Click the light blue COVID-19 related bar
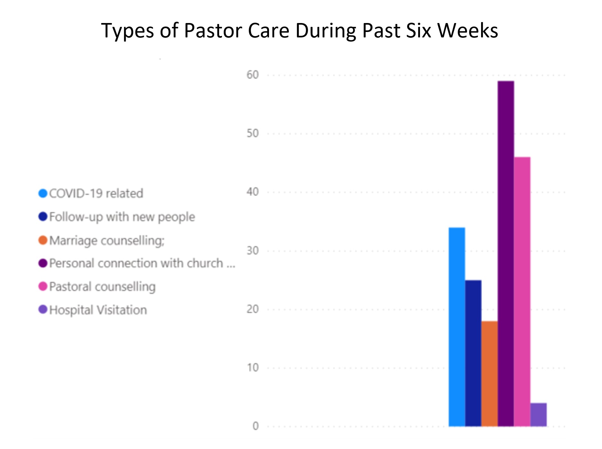(x=457, y=326)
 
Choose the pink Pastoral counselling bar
(x=522, y=291)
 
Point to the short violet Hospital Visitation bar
(x=538, y=414)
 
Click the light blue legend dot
(x=43, y=193)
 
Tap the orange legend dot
(x=43, y=240)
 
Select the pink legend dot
(x=43, y=286)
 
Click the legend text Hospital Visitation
(x=98, y=310)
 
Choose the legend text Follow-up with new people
(x=122, y=217)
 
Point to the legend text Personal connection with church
(x=142, y=263)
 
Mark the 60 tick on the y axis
(x=252, y=75)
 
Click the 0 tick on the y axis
(x=255, y=426)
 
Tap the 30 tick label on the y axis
(x=252, y=251)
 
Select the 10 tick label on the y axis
(x=252, y=368)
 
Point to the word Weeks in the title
(x=467, y=31)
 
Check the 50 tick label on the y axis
(x=252, y=133)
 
